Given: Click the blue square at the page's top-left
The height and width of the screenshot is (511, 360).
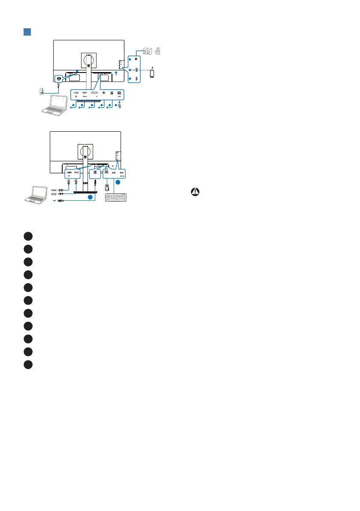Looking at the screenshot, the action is [26, 32].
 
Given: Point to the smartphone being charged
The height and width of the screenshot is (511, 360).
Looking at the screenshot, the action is [152, 73].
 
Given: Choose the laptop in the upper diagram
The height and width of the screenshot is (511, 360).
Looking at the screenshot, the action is [56, 106].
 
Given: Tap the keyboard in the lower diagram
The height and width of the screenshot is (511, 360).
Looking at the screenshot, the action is [116, 197].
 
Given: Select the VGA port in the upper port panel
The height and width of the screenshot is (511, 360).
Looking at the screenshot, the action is [95, 93].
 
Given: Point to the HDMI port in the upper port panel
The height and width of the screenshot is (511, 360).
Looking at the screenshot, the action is [84, 93].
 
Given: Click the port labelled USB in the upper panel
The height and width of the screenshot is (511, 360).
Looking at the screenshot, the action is [119, 93].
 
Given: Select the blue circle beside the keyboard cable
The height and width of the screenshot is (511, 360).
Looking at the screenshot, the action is [116, 182].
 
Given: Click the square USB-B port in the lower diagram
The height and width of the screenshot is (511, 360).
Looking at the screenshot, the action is [94, 174].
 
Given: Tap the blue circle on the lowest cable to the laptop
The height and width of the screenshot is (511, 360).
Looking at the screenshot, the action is [89, 197].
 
